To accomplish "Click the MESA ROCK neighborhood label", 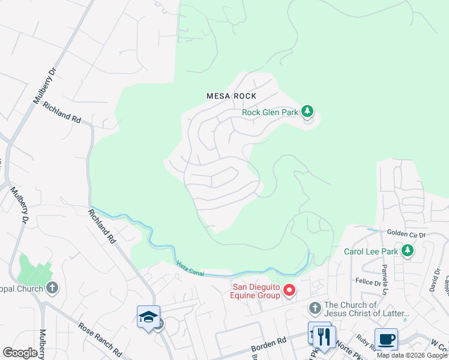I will [x=231, y=96].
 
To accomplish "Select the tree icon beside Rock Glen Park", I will [x=307, y=111].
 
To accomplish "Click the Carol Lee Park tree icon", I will [x=408, y=251].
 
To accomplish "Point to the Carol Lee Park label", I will [x=370, y=251].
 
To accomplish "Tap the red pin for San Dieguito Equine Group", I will [x=289, y=291].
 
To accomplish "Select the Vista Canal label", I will [x=190, y=268].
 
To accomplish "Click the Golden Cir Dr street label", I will [x=406, y=234].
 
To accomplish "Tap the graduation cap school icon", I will [x=148, y=317].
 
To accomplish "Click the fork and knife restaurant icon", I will [x=324, y=337].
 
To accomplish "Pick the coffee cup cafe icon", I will [x=386, y=339].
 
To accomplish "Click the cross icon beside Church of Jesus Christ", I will [x=315, y=308].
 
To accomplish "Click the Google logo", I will [x=20, y=353].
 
